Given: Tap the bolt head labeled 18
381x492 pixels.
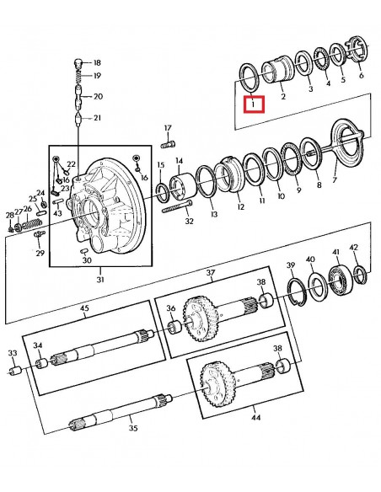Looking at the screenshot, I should point(78,61).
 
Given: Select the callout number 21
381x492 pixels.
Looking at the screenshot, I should point(98,117).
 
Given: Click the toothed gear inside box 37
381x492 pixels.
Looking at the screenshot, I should point(200,313).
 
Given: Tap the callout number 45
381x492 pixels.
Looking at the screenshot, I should point(84,308).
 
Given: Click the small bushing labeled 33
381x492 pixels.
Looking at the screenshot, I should point(13,371).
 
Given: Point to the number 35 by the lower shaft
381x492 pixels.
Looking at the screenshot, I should point(131,428).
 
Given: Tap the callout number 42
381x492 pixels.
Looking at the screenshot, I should point(354,248).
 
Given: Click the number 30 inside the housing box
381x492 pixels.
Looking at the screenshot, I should point(87,260).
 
